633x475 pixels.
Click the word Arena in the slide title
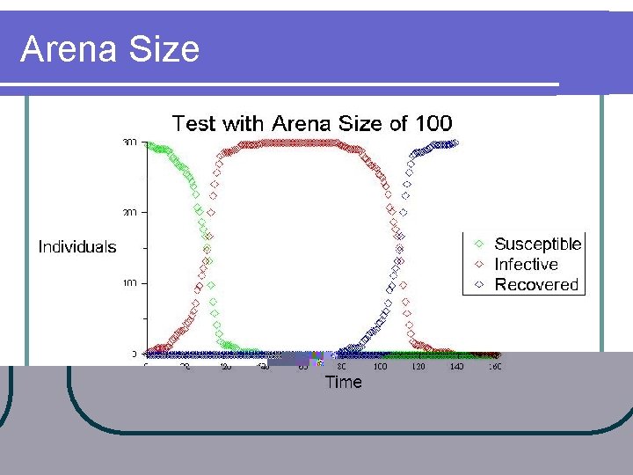pyautogui.click(x=66, y=49)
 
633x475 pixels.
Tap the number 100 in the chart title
pyautogui.click(x=433, y=123)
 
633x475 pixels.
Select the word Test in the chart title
pyautogui.click(x=193, y=123)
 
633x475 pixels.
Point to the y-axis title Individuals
pyautogui.click(x=77, y=247)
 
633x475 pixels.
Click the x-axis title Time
pyautogui.click(x=343, y=382)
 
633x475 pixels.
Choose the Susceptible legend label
pyautogui.click(x=537, y=245)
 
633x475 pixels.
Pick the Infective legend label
pyautogui.click(x=526, y=264)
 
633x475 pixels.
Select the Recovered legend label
pyautogui.click(x=536, y=284)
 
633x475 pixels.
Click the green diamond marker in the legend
pyautogui.click(x=478, y=245)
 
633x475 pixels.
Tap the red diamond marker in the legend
pyautogui.click(x=478, y=264)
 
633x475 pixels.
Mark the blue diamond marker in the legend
pyautogui.click(x=478, y=284)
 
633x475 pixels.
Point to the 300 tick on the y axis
pyautogui.click(x=130, y=142)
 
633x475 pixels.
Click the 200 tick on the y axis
pyautogui.click(x=130, y=213)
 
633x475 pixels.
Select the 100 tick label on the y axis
pyautogui.click(x=130, y=283)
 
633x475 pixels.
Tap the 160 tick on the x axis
pyautogui.click(x=494, y=367)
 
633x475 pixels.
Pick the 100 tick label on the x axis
pyautogui.click(x=379, y=367)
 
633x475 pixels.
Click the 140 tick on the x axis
pyautogui.click(x=456, y=367)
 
